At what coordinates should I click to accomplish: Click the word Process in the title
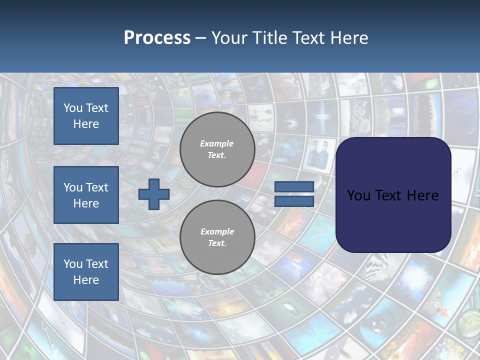[157, 38]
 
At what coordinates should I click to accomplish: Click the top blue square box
[86, 116]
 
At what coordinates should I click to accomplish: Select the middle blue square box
[86, 195]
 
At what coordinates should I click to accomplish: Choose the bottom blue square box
[86, 272]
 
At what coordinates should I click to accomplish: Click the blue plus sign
[154, 194]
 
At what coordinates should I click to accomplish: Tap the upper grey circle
[217, 149]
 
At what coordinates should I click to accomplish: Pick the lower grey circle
[217, 237]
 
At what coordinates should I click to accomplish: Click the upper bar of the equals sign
[294, 187]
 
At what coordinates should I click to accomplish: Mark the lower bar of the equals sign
[294, 201]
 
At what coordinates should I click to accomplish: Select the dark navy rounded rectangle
[393, 195]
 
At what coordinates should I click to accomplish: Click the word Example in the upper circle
[217, 143]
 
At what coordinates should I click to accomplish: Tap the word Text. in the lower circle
[217, 243]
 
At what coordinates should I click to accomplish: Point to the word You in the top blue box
[73, 108]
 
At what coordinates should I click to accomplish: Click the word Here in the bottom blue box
[86, 280]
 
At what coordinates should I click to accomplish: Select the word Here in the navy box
[423, 195]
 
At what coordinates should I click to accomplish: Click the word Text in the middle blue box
[96, 187]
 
